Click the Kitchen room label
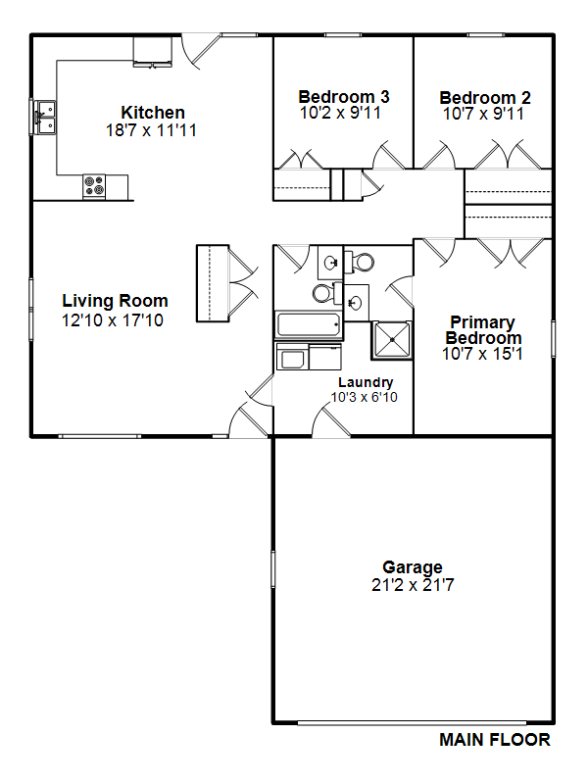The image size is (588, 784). click(x=153, y=113)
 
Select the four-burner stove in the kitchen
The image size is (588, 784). click(x=94, y=186)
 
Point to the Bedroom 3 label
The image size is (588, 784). click(x=344, y=96)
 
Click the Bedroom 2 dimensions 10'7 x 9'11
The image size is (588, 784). click(x=483, y=114)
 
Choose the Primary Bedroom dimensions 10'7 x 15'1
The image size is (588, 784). click(x=482, y=354)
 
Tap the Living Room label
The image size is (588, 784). click(x=115, y=301)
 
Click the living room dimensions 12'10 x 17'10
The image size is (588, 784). click(x=113, y=320)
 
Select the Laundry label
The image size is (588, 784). click(x=366, y=382)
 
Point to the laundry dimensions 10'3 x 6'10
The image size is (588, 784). click(x=364, y=398)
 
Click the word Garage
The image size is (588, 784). click(x=413, y=567)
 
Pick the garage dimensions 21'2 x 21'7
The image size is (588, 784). click(x=413, y=585)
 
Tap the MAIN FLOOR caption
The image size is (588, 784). click(x=495, y=740)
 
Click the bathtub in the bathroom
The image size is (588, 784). click(x=309, y=325)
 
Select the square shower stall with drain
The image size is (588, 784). click(x=392, y=340)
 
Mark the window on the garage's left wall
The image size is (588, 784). click(x=273, y=569)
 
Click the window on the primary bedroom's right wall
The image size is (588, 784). click(x=553, y=339)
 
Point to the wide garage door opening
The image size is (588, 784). click(x=412, y=723)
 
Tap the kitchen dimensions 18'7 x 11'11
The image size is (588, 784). click(x=151, y=130)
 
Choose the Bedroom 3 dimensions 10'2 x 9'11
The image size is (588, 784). click(x=340, y=113)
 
